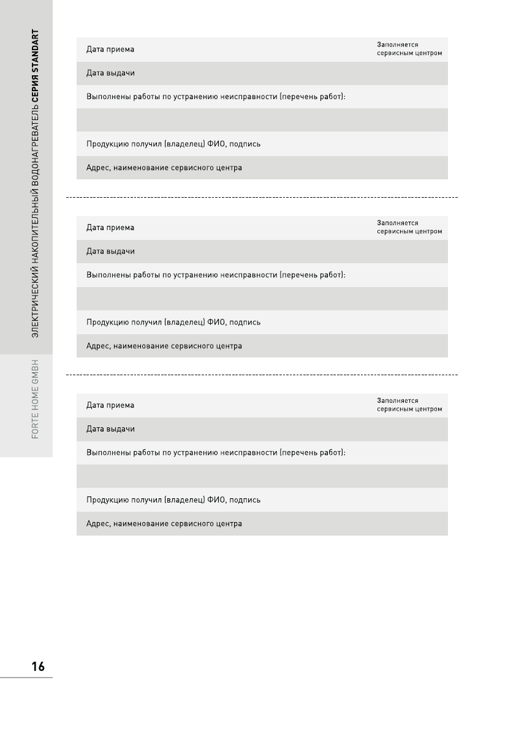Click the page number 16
tap(38, 667)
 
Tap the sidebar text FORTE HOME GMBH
tap(36, 398)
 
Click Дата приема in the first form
tap(110, 49)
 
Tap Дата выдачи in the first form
tap(110, 73)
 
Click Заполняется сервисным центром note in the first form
tap(409, 49)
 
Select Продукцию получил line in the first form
tap(173, 144)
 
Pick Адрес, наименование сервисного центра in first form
tap(164, 168)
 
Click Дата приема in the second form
tap(110, 228)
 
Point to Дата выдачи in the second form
tap(110, 251)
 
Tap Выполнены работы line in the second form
tap(216, 275)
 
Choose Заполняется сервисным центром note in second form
tap(409, 227)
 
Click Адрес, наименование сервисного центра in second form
tap(164, 346)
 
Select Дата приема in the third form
tap(110, 405)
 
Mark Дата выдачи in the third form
tap(110, 428)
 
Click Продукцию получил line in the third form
tap(173, 499)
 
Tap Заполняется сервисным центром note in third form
tap(409, 405)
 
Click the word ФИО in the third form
tap(216, 499)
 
